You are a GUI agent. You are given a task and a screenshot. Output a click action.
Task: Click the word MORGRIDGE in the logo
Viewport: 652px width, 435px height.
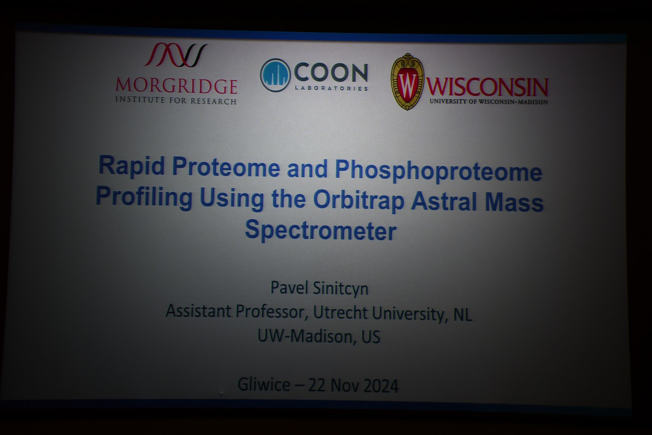(x=176, y=86)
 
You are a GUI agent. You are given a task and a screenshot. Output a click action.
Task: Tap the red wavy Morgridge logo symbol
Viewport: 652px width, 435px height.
(x=176, y=55)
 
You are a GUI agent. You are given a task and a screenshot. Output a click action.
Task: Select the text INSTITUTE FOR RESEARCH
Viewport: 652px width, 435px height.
(x=176, y=101)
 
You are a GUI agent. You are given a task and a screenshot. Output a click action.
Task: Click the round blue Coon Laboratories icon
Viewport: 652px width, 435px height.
(x=275, y=75)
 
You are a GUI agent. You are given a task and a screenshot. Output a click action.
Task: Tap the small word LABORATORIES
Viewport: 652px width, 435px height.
(x=332, y=88)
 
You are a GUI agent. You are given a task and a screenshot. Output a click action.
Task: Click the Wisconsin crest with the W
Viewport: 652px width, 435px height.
(x=407, y=82)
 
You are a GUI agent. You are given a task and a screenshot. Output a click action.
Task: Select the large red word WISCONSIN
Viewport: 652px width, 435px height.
(x=487, y=87)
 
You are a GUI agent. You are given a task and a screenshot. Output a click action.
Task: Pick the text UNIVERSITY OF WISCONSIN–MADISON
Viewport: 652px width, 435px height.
(x=489, y=101)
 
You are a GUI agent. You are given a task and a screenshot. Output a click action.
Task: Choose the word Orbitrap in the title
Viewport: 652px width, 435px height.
(x=358, y=201)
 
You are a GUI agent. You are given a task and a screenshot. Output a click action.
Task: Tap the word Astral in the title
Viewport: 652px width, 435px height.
(x=444, y=202)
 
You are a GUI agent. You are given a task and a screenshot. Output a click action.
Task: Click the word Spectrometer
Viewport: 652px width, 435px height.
(x=321, y=230)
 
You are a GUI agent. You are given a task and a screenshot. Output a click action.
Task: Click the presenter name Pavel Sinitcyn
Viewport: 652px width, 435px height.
(x=319, y=288)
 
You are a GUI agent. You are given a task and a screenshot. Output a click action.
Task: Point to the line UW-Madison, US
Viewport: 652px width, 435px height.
(x=319, y=336)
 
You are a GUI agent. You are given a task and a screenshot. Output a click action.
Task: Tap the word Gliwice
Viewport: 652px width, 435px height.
(x=264, y=384)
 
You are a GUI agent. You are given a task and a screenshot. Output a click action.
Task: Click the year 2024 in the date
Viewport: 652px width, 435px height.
(x=381, y=386)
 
